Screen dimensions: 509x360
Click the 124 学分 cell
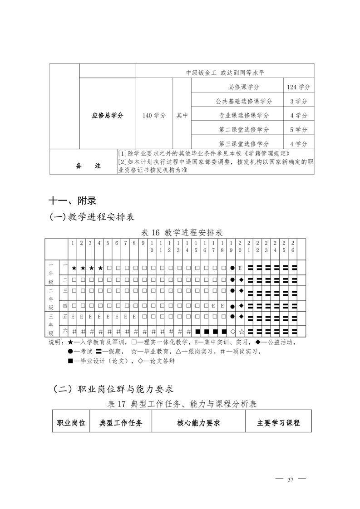tap(298, 87)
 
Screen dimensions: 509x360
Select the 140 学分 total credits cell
tap(154, 115)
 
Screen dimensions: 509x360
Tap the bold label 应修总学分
tap(108, 115)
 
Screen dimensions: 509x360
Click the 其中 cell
tap(182, 115)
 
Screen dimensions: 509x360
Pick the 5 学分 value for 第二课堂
tap(298, 130)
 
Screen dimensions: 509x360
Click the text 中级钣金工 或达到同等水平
tap(225, 72)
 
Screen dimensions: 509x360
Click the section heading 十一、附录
tap(73, 200)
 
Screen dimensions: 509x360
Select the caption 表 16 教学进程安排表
tap(182, 233)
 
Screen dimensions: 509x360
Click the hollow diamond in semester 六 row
tap(232, 332)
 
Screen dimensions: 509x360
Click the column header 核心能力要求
tap(198, 423)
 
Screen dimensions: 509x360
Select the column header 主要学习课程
tap(278, 423)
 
